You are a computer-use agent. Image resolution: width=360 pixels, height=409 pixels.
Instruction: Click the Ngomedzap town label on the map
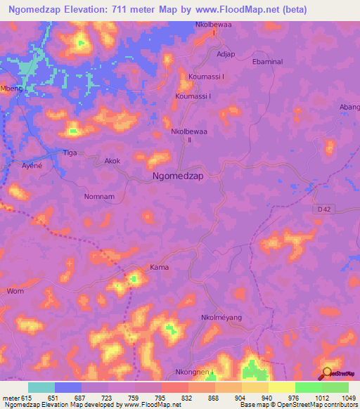178,177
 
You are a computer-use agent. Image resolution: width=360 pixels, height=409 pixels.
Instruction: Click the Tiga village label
70,152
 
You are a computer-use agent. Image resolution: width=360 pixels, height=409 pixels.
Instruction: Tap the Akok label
112,161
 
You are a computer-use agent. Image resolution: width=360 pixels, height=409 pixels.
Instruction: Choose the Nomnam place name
98,197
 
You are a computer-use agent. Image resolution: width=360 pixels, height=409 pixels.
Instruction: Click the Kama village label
158,268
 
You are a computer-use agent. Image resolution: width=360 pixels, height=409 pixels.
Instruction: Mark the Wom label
15,291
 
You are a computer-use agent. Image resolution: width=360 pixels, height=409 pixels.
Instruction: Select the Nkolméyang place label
221,318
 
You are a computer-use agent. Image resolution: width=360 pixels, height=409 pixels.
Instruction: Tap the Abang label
350,107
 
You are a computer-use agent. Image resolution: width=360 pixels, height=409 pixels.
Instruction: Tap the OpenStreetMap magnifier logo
327,372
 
